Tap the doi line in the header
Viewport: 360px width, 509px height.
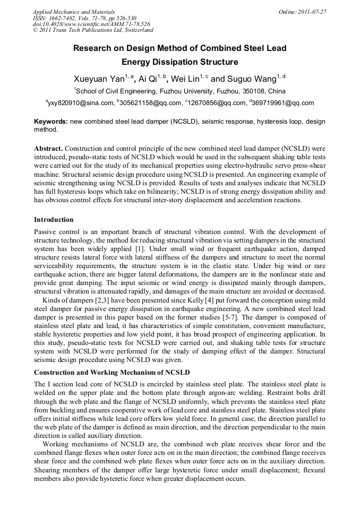coord(91,24)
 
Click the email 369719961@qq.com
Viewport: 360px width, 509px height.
coord(282,103)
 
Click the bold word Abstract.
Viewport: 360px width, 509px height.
coord(48,147)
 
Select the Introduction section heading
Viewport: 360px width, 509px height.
coord(54,219)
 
